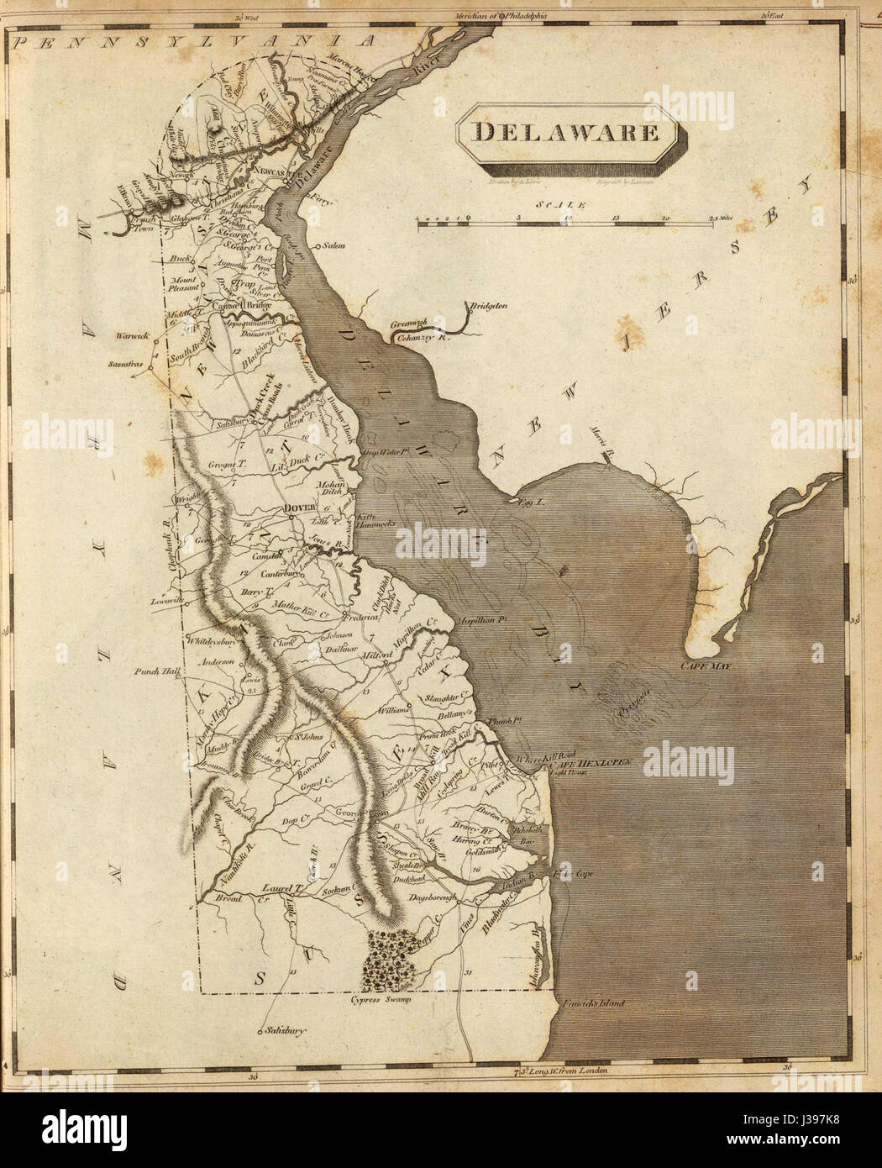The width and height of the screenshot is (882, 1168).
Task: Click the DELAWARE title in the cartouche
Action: point(564,132)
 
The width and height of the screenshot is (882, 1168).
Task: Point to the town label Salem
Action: point(334,246)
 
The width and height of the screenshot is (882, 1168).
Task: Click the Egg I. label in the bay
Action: point(513,500)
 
